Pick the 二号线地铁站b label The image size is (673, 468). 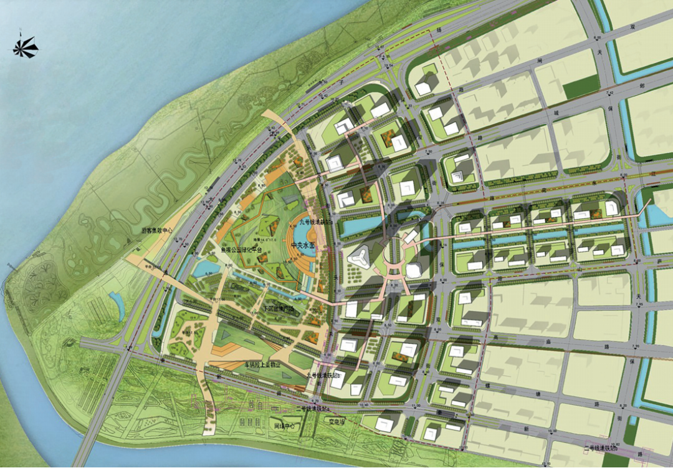coord(601,448)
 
